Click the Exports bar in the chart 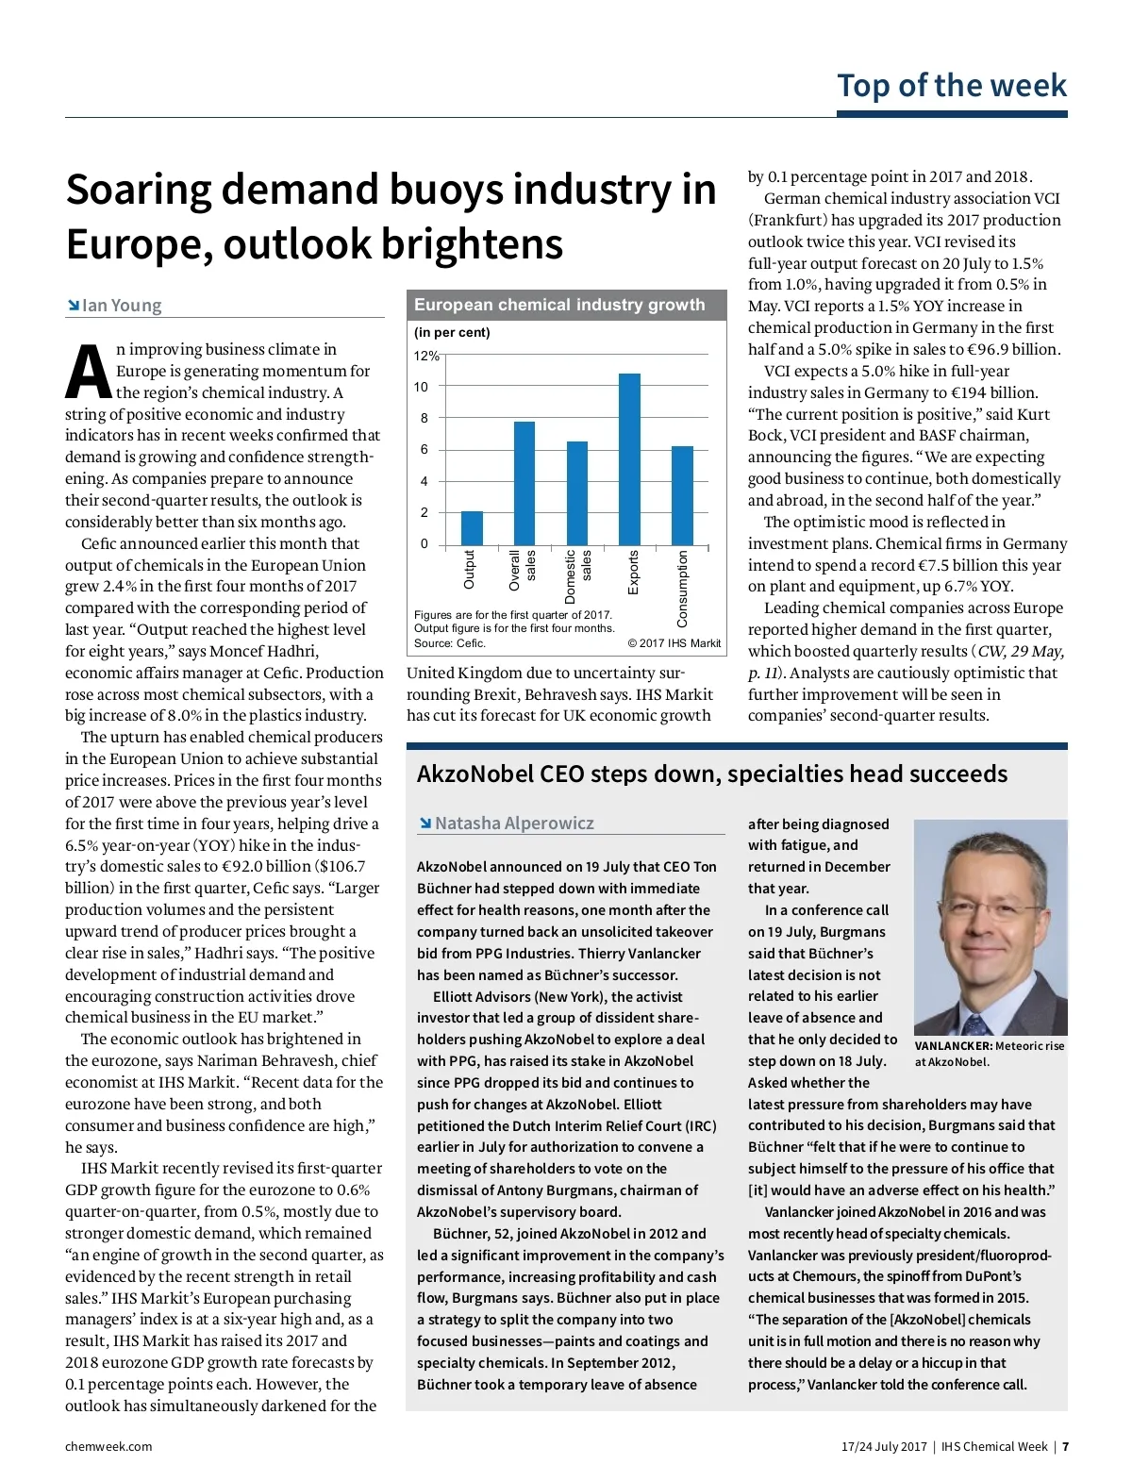(629, 459)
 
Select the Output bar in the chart (472, 528)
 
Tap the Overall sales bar (524, 483)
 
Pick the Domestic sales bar (576, 493)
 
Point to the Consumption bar (682, 495)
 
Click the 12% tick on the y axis (426, 356)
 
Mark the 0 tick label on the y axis (424, 543)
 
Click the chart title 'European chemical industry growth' (559, 305)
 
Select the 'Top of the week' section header (952, 86)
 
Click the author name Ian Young (122, 306)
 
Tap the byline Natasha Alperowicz (514, 824)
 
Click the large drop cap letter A (88, 372)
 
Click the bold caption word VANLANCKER (953, 1046)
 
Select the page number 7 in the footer (1065, 1447)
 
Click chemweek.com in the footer (108, 1447)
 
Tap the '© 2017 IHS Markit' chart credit (674, 643)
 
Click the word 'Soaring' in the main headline (138, 190)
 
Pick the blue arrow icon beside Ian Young (73, 306)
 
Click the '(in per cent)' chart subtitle (452, 333)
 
